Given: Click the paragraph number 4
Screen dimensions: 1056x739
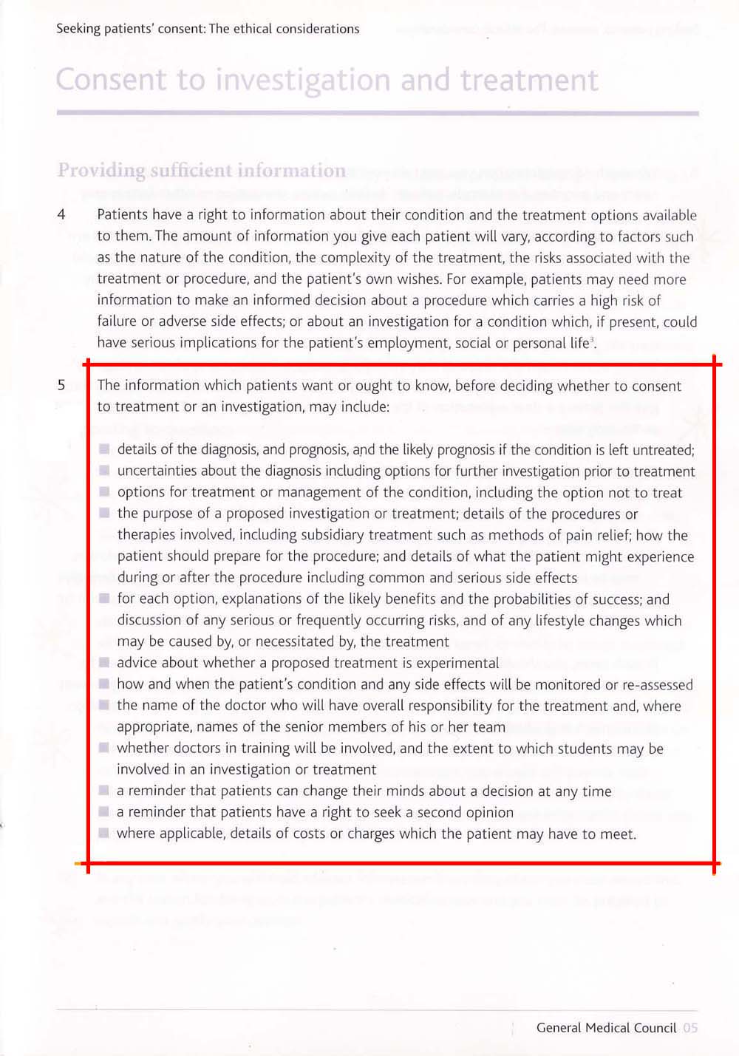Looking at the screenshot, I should click(x=61, y=215).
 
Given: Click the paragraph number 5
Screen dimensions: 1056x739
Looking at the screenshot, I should click(x=61, y=385).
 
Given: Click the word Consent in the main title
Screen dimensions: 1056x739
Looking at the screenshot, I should click(x=111, y=81).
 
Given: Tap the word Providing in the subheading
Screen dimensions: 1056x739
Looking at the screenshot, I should click(x=101, y=171).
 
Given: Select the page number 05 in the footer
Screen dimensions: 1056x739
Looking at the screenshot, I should click(x=690, y=1028).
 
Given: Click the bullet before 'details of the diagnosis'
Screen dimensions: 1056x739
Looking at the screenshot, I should click(x=104, y=449).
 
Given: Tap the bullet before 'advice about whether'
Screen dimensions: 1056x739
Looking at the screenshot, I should click(x=104, y=663).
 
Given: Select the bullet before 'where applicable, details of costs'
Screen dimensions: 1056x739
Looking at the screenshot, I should click(x=104, y=834).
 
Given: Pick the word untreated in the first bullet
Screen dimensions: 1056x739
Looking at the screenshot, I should click(x=662, y=449).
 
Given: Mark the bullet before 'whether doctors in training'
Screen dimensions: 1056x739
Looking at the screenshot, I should click(x=104, y=748).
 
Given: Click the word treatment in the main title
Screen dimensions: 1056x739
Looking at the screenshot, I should click(x=528, y=81).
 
